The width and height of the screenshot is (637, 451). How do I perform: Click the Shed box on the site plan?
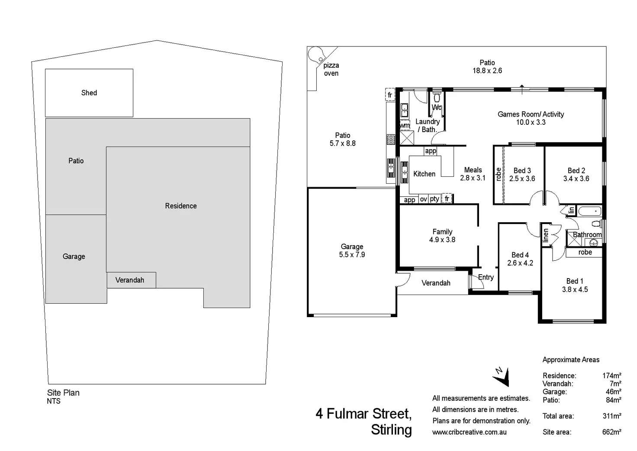89,93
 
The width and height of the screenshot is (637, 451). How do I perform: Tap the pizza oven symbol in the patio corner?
317,55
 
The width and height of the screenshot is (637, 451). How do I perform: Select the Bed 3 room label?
522,171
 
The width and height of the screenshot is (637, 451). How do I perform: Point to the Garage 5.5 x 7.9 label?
352,251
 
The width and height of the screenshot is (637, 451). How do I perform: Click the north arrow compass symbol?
502,376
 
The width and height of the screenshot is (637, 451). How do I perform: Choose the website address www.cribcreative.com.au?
469,432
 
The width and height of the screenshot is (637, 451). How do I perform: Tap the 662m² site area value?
611,432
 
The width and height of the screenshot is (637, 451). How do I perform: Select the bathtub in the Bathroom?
589,211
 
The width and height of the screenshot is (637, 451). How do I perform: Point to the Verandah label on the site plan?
130,280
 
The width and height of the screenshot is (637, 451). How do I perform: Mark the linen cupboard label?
546,235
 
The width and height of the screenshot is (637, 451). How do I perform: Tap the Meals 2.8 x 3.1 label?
473,174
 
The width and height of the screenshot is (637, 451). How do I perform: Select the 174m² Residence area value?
611,376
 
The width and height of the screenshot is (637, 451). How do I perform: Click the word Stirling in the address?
391,430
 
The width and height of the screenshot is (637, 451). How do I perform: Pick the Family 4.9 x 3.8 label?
442,236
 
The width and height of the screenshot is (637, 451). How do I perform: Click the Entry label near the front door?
486,277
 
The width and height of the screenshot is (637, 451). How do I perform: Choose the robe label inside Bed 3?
499,174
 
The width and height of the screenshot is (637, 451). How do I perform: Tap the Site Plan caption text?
63,393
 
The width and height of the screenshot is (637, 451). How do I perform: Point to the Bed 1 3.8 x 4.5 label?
575,286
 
